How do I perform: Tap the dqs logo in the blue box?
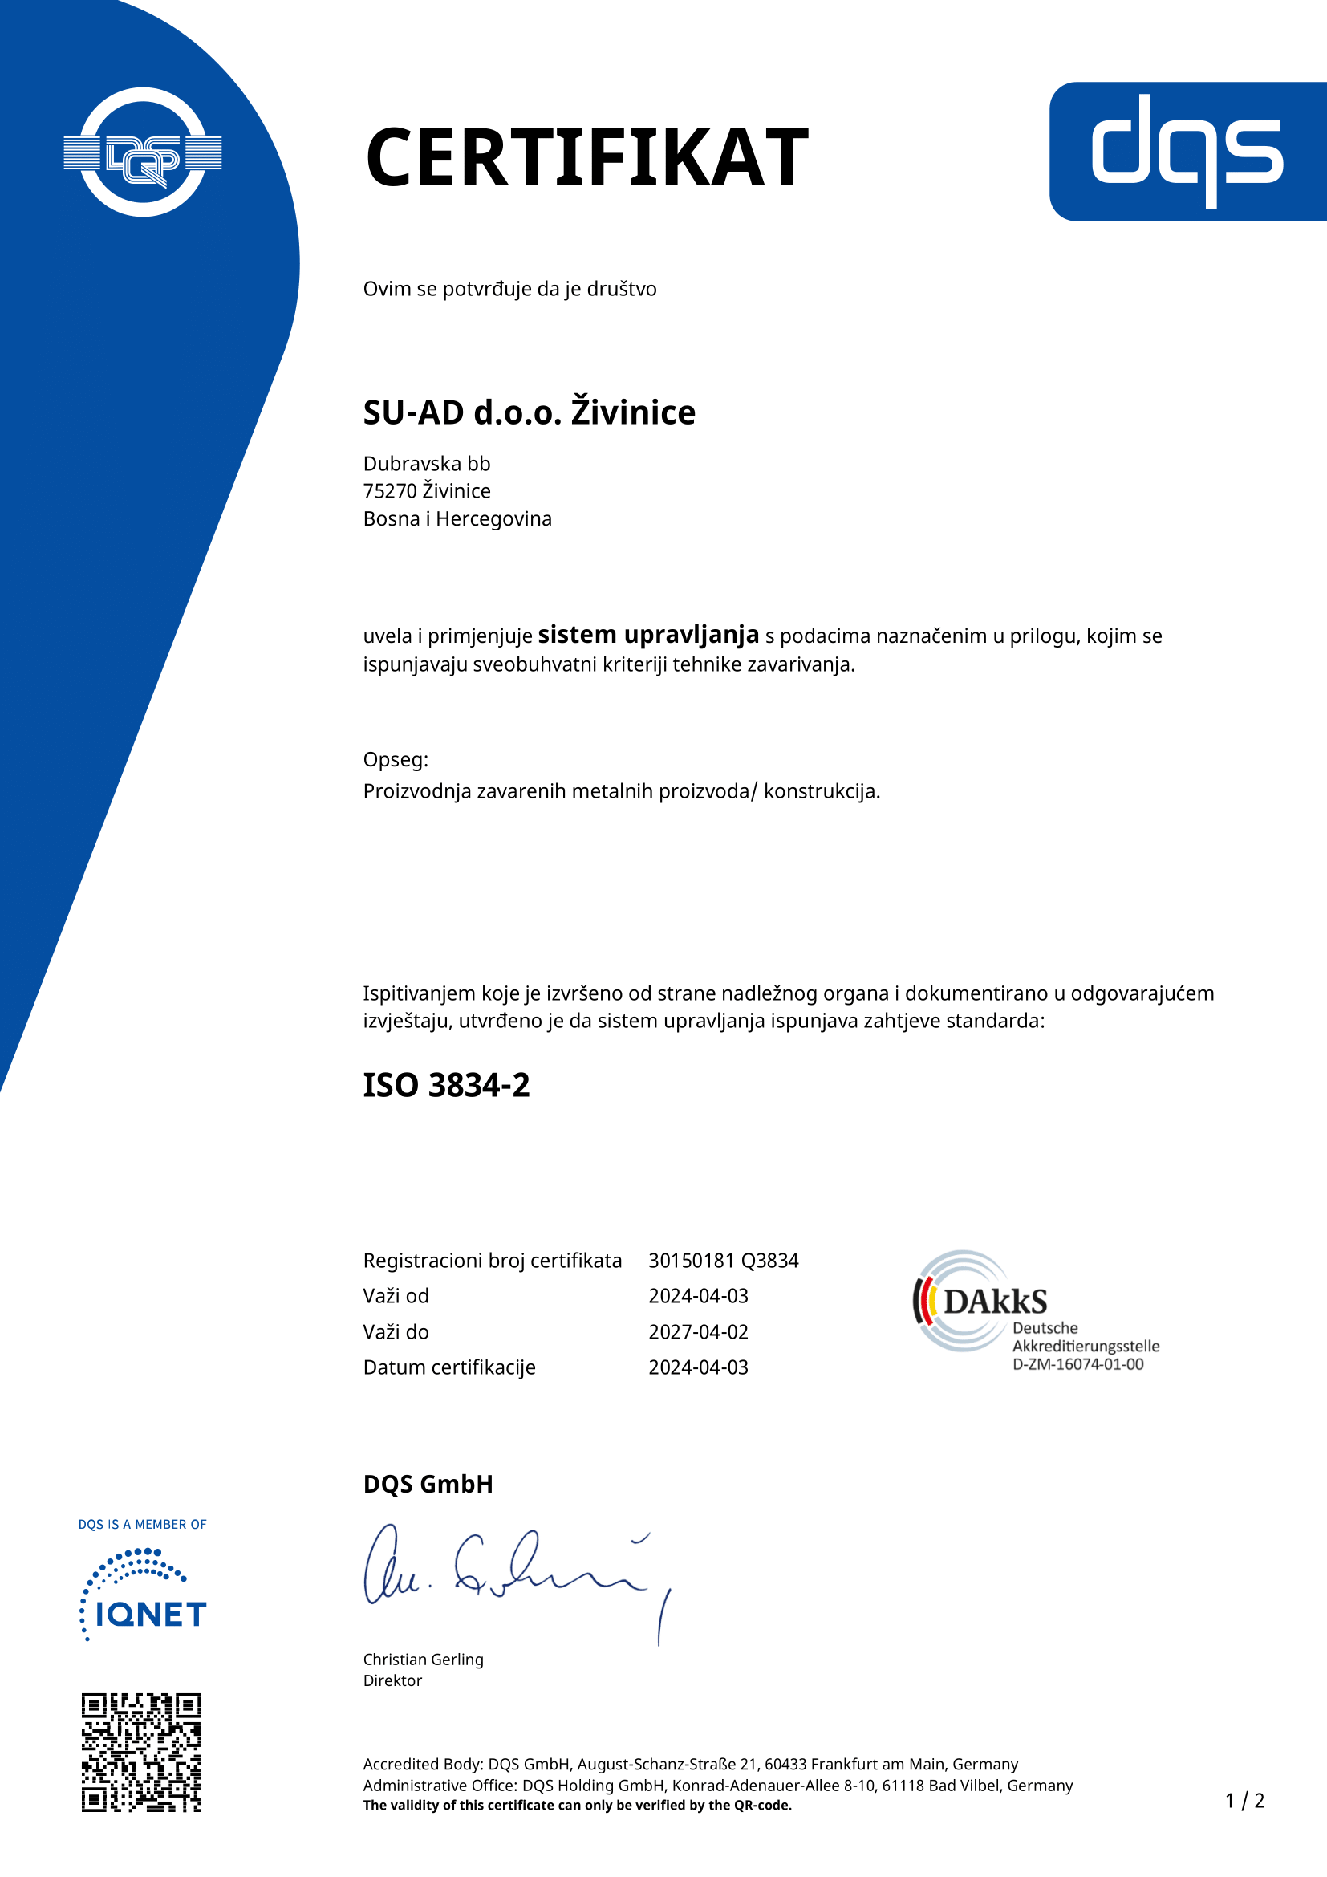tap(1187, 150)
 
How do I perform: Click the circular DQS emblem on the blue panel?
tap(143, 152)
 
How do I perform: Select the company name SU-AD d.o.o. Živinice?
tap(529, 412)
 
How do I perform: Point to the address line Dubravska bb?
tap(427, 464)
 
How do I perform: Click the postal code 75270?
tap(390, 491)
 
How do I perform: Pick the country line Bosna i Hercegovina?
tap(457, 519)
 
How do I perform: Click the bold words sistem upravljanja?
tap(648, 635)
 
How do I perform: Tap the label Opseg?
tap(396, 759)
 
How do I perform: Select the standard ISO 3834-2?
tap(446, 1085)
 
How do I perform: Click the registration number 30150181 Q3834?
tap(723, 1261)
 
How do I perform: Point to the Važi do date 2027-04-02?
tap(698, 1332)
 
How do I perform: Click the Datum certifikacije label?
tap(448, 1367)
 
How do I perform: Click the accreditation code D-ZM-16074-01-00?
tap(1077, 1364)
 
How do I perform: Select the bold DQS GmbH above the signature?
tap(428, 1484)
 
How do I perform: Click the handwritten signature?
tap(515, 1574)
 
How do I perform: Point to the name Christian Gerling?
tap(423, 1659)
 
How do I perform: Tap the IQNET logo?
tap(143, 1595)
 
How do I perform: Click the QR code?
tap(140, 1752)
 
